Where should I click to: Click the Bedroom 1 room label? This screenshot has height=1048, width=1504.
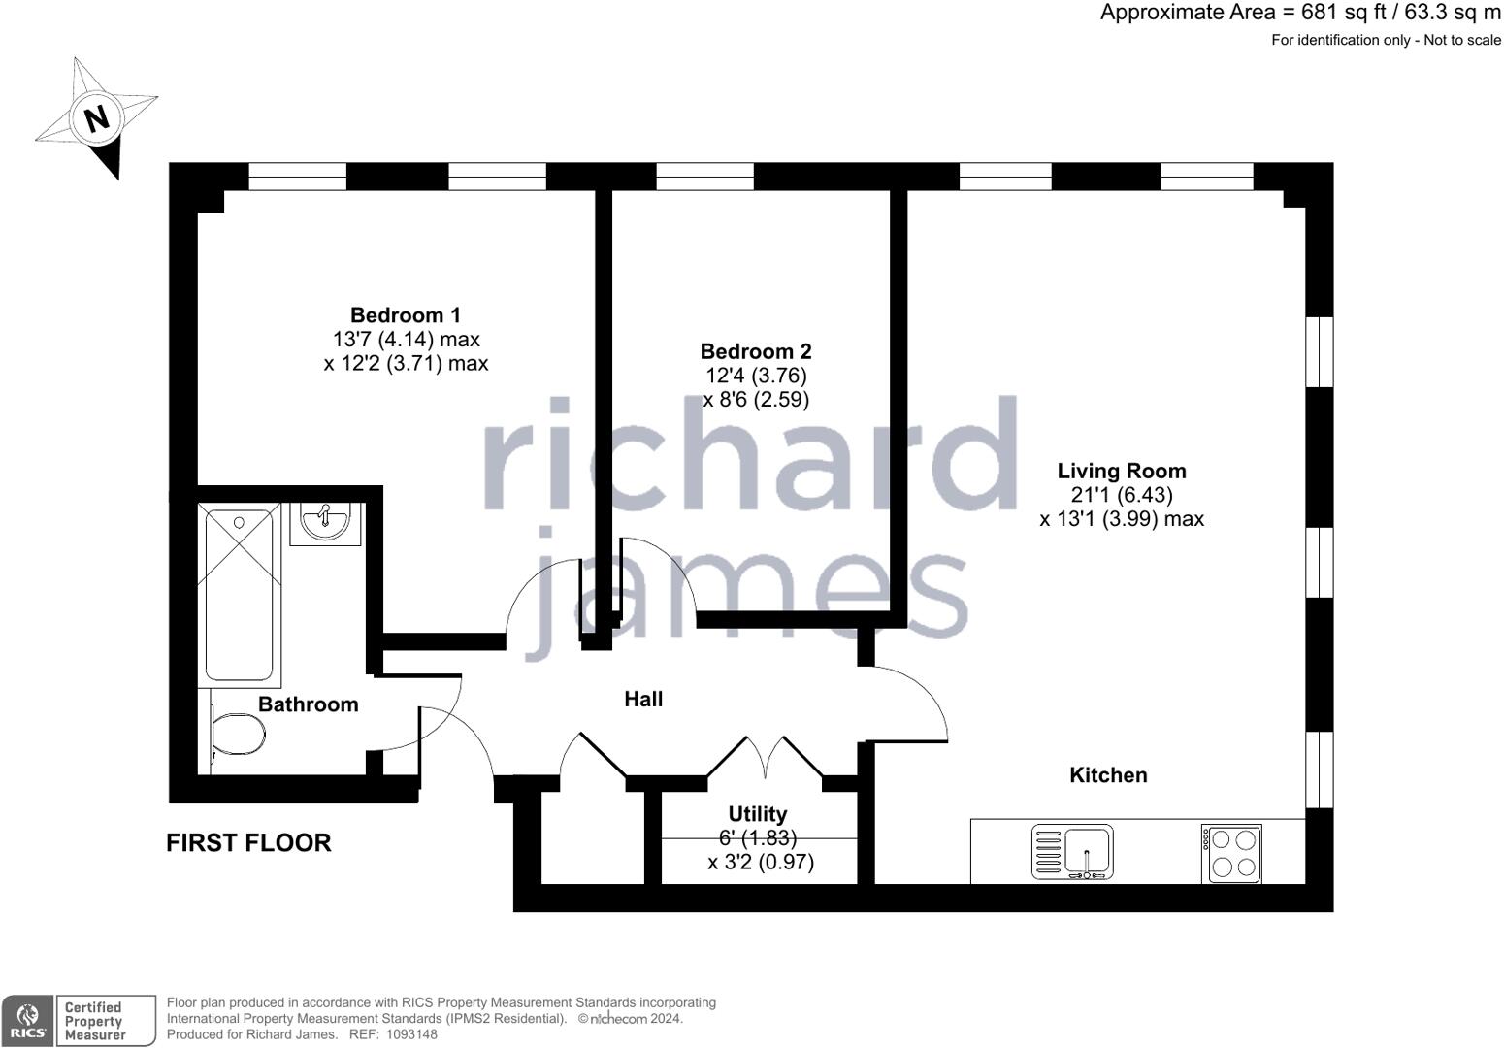[x=406, y=315]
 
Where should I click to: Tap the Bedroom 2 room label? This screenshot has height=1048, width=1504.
[x=756, y=351]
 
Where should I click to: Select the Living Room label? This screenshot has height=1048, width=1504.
[x=1121, y=472]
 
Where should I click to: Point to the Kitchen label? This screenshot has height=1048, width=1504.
[x=1108, y=774]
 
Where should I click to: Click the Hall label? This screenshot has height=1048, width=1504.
[x=643, y=699]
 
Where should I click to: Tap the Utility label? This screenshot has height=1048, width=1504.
[x=758, y=814]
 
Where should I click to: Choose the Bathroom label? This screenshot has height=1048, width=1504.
[x=308, y=704]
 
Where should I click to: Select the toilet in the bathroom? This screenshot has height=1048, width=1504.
[x=235, y=735]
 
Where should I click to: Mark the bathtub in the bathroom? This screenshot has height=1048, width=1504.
[x=238, y=594]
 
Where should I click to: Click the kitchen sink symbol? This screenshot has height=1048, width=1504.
[x=1073, y=853]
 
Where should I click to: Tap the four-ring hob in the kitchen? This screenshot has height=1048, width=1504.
[x=1231, y=853]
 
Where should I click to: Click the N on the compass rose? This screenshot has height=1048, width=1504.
[x=96, y=119]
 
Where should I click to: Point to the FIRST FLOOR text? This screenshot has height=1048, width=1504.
[x=248, y=842]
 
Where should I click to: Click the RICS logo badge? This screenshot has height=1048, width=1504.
[x=27, y=1021]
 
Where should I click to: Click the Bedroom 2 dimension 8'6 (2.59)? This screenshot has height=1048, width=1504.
[x=756, y=399]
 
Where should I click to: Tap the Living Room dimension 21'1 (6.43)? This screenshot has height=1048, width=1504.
[x=1121, y=495]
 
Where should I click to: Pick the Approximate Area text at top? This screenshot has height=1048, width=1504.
[x=1300, y=13]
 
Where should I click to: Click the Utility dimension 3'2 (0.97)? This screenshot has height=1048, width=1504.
[x=761, y=862]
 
